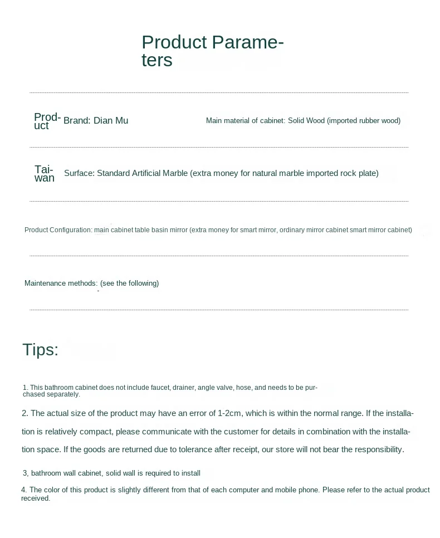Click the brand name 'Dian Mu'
point(110,121)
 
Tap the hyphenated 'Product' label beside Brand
point(47,121)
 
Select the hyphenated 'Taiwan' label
point(45,173)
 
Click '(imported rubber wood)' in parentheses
point(364,121)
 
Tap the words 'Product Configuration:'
point(58,230)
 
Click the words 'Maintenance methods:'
point(61,283)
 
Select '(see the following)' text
point(129,283)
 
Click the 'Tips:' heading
point(40,350)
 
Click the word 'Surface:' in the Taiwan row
point(79,173)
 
